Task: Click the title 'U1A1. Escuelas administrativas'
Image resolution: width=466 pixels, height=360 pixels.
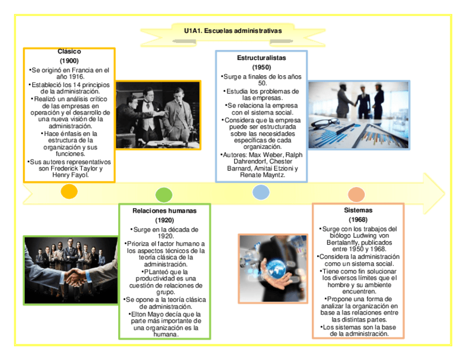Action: click(x=233, y=31)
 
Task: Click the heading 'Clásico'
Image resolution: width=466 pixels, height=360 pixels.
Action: click(x=69, y=52)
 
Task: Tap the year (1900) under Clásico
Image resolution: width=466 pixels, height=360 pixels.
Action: click(x=69, y=60)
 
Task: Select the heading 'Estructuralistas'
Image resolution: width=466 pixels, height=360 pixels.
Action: click(x=262, y=58)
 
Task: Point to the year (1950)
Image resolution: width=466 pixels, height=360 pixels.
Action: click(x=262, y=67)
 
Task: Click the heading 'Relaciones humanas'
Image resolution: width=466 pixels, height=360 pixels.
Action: click(x=164, y=211)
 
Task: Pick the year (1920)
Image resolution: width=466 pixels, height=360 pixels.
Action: click(x=164, y=220)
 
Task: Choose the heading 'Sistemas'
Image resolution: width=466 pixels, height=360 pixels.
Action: click(x=358, y=211)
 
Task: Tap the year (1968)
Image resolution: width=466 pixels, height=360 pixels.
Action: click(x=358, y=220)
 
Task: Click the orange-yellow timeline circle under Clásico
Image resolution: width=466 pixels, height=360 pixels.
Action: click(x=69, y=191)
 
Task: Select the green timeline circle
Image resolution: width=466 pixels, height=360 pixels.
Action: click(x=164, y=195)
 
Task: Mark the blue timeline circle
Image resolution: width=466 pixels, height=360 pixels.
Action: click(x=260, y=192)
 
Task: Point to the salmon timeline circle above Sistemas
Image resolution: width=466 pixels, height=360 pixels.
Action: click(x=357, y=195)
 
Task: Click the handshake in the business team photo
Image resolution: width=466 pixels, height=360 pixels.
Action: click(x=70, y=274)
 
